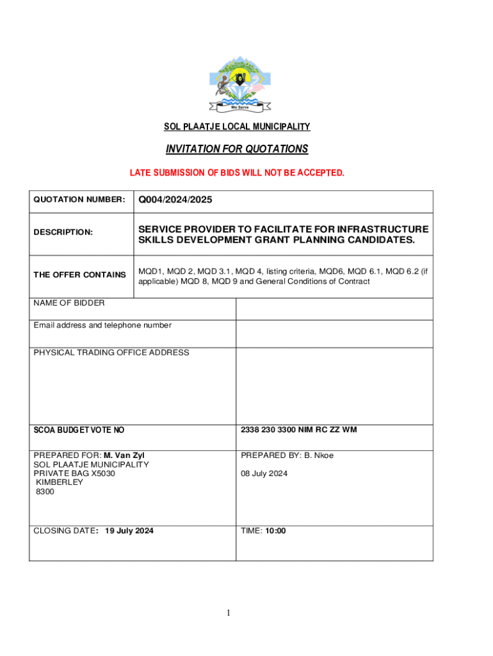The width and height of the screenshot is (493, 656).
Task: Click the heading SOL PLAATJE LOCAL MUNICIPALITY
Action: tap(237, 127)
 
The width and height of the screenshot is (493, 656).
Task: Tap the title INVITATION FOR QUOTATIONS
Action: tap(237, 149)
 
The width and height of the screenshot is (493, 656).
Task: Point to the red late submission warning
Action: tap(237, 173)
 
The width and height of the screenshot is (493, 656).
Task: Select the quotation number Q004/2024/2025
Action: tap(175, 201)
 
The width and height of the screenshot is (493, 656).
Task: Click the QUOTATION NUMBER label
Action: tap(79, 201)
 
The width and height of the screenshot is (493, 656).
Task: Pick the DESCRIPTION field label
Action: tap(63, 232)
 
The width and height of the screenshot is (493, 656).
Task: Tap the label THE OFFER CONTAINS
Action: tap(79, 275)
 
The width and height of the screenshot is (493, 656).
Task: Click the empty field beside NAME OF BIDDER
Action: tap(334, 309)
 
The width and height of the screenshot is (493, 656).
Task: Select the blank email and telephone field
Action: tap(334, 333)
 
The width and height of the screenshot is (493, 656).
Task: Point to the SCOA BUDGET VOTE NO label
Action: tap(79, 430)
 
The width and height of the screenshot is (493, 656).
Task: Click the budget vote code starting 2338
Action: tap(299, 430)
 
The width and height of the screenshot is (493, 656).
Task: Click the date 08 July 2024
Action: tap(264, 473)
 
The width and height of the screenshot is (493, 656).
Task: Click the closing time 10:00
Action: tap(276, 530)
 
